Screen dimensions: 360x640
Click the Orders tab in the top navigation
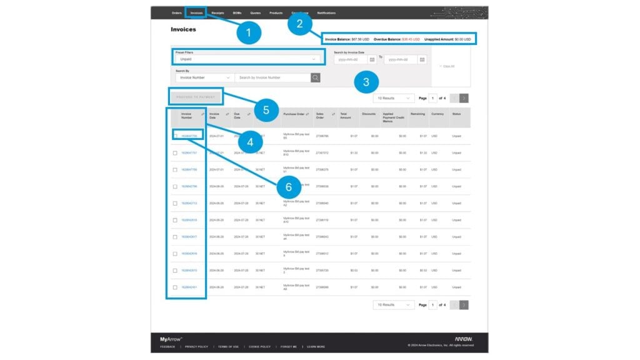(x=176, y=12)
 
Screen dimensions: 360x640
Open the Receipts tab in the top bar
(x=217, y=12)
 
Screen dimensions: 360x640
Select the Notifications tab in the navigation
(x=326, y=12)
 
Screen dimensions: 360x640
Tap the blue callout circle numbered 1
(x=249, y=33)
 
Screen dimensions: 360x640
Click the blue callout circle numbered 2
(x=300, y=24)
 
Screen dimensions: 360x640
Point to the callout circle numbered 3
(x=366, y=81)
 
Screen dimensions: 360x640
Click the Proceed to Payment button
(x=196, y=97)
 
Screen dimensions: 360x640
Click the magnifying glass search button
(x=316, y=77)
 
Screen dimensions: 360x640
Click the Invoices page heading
(x=183, y=29)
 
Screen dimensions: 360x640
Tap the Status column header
(x=456, y=114)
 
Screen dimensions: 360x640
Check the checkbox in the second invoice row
(x=175, y=152)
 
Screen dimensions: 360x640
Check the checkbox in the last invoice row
(x=175, y=287)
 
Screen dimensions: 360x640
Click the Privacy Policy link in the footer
(x=196, y=346)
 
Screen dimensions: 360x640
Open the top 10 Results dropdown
(x=393, y=98)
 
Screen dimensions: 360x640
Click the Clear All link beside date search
(x=447, y=66)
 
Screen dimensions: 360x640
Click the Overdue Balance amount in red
(x=411, y=39)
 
